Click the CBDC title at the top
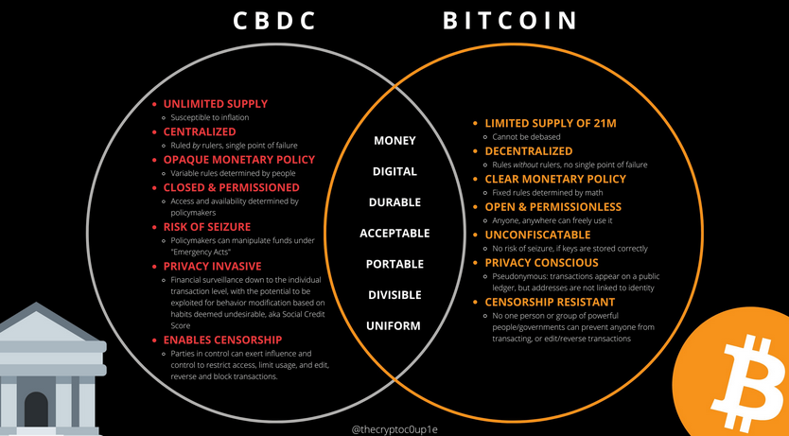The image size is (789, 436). click(x=274, y=21)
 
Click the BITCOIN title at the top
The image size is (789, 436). click(x=510, y=21)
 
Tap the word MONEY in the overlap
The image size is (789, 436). click(x=395, y=140)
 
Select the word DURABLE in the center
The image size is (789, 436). click(x=395, y=202)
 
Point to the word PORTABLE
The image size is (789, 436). click(x=395, y=264)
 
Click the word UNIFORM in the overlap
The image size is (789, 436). click(x=394, y=326)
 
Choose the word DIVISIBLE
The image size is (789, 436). click(x=394, y=295)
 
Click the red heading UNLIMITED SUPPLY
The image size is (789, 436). click(x=216, y=104)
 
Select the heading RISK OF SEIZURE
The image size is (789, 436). click(x=207, y=227)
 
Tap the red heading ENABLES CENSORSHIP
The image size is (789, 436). click(x=222, y=340)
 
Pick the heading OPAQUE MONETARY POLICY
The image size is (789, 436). click(x=239, y=160)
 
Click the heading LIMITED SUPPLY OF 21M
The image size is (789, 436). click(x=551, y=123)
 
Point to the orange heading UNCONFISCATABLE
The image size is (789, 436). click(x=537, y=235)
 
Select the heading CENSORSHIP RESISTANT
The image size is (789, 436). click(x=550, y=303)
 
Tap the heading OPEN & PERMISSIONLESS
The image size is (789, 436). click(x=553, y=207)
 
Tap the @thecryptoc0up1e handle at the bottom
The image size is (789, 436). click(x=394, y=429)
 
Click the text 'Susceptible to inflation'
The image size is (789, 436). click(x=210, y=117)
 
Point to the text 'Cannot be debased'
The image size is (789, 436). click(x=526, y=137)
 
